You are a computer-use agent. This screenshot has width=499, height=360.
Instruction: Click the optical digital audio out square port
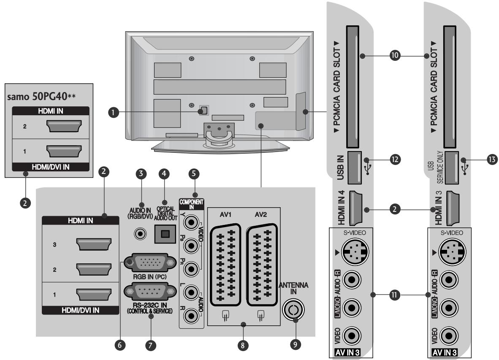coord(165,234)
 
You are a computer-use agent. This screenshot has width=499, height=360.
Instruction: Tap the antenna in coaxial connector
coord(293,309)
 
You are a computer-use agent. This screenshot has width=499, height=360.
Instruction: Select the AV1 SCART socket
coord(225,265)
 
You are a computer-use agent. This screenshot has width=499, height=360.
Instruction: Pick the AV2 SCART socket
coord(262,265)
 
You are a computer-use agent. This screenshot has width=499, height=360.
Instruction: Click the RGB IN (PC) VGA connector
coord(150,263)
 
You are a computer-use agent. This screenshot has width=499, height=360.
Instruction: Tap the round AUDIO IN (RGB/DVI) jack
coord(140,234)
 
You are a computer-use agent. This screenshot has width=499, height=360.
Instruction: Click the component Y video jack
coord(191,222)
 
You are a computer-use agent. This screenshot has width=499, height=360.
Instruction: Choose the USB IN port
coord(355,168)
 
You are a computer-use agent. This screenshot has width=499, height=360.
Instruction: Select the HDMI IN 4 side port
coord(356,208)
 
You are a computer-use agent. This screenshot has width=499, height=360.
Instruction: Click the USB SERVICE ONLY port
coord(452,168)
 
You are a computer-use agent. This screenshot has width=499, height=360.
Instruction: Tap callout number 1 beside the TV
coord(114,112)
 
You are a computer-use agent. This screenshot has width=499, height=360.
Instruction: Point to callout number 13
coord(492,160)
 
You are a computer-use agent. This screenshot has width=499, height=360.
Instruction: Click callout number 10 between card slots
coord(395,56)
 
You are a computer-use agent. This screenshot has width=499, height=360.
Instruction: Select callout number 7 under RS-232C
coord(151,345)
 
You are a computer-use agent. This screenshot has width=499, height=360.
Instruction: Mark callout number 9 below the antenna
coord(296,344)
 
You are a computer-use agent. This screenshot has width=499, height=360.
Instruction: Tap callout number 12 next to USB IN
coord(395,160)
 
